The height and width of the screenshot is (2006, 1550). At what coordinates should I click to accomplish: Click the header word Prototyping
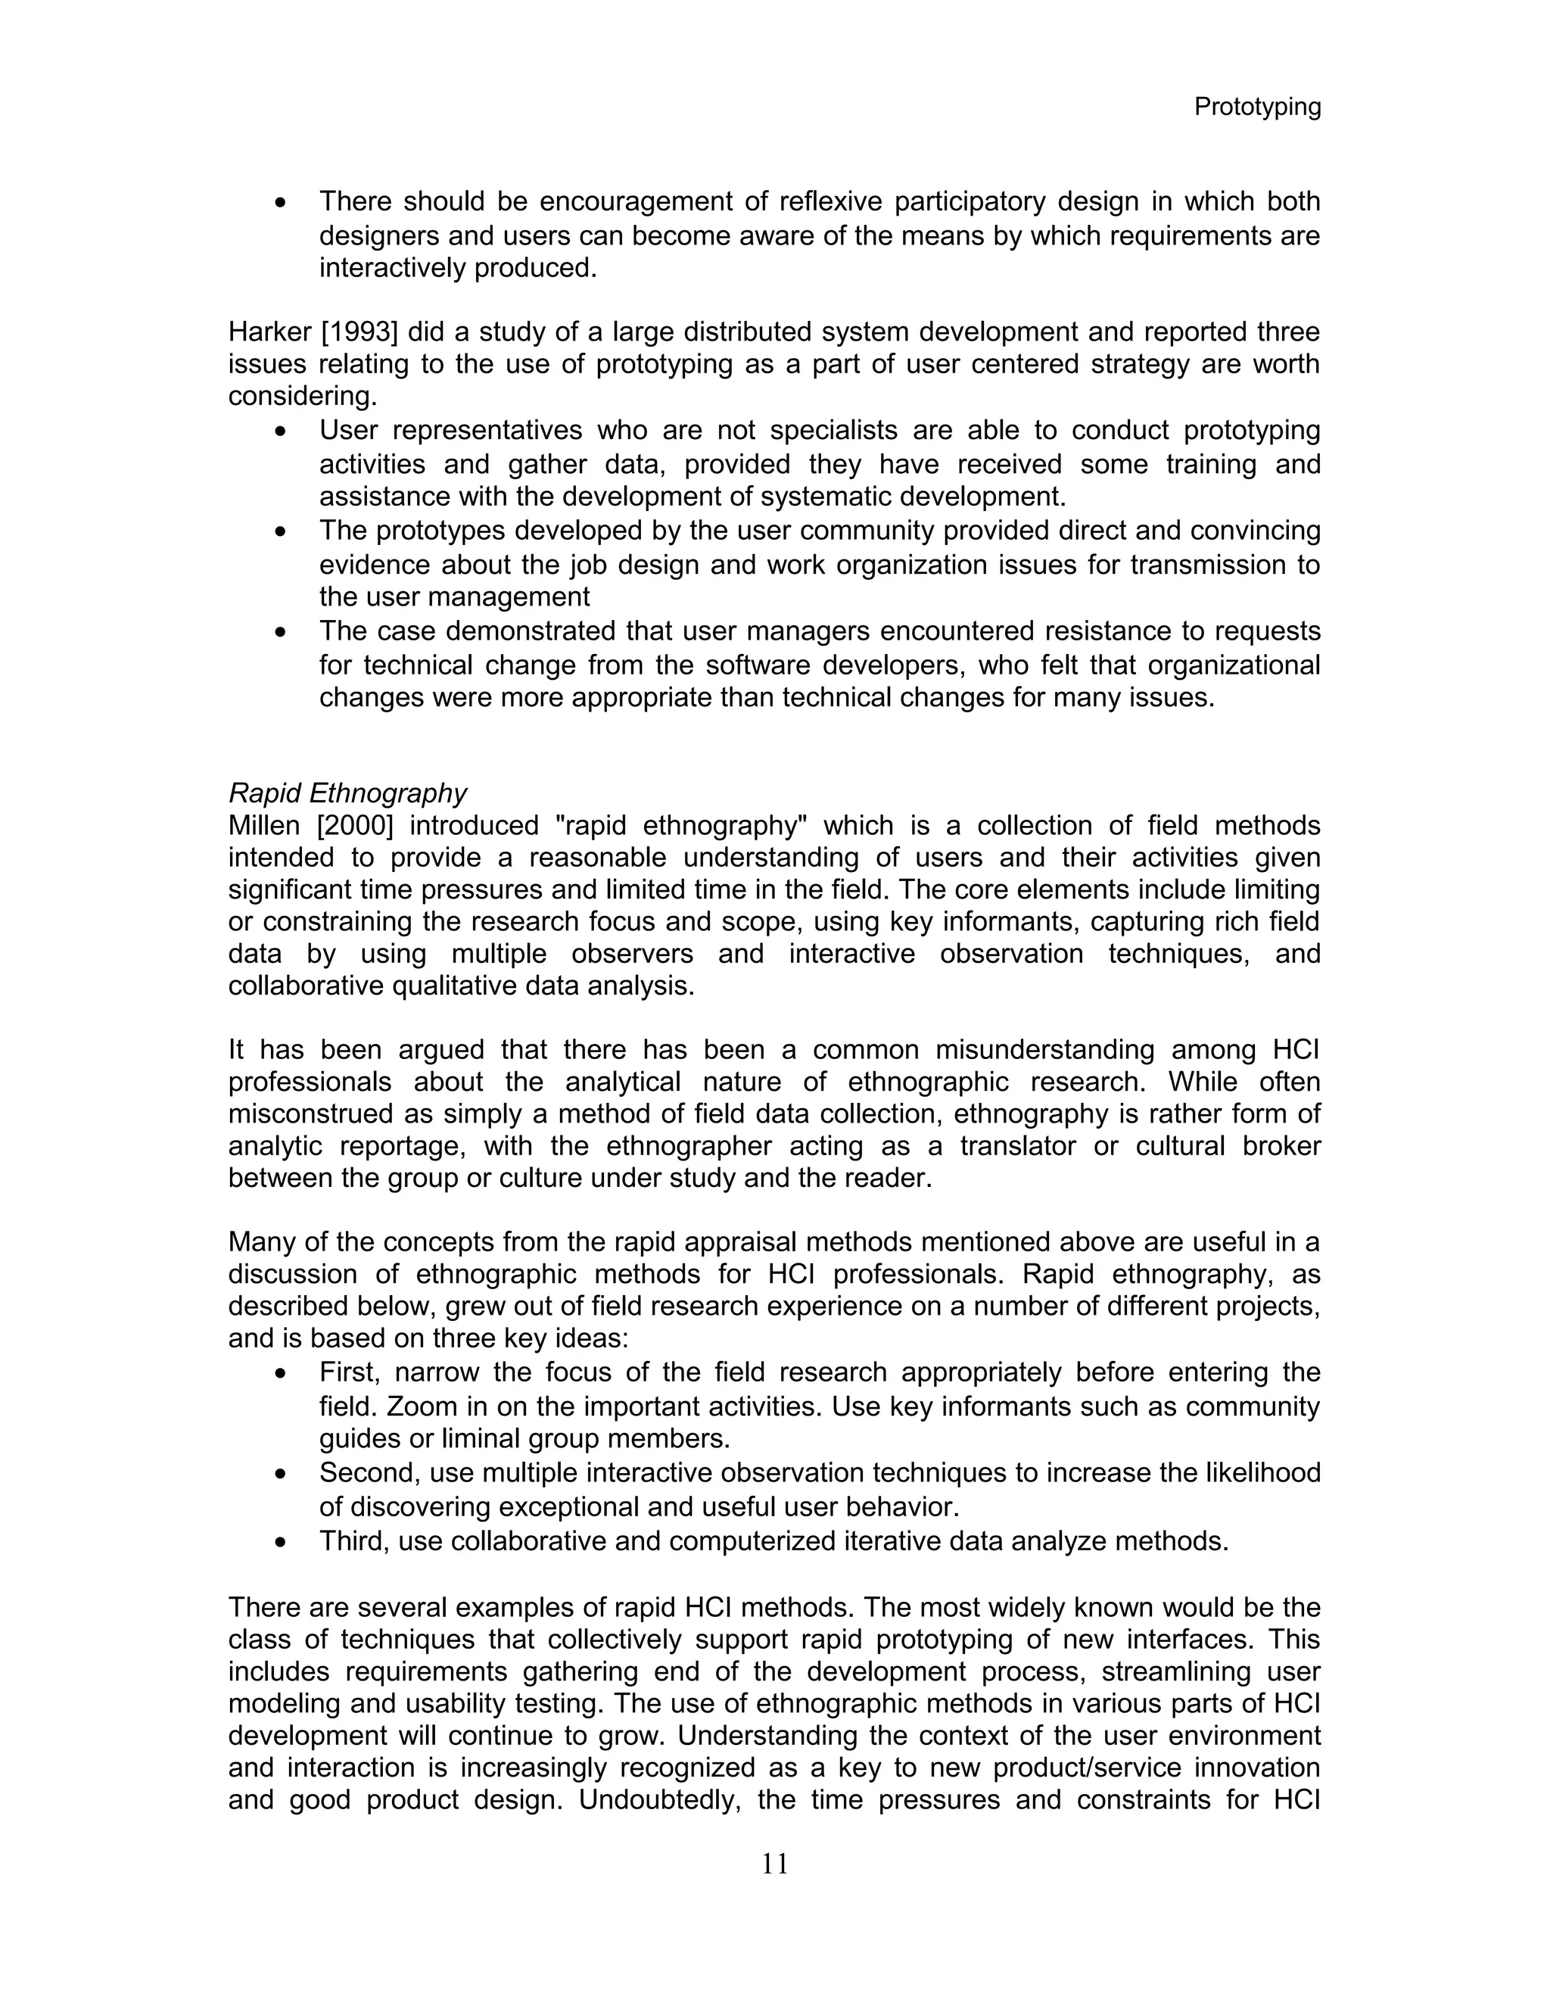pyautogui.click(x=1256, y=107)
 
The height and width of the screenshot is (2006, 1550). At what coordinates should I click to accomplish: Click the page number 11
pyautogui.click(x=774, y=1864)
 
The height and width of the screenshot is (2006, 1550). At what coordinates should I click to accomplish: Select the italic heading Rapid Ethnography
pyautogui.click(x=347, y=793)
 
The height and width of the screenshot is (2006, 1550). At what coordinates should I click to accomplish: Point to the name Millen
pyautogui.click(x=263, y=826)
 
